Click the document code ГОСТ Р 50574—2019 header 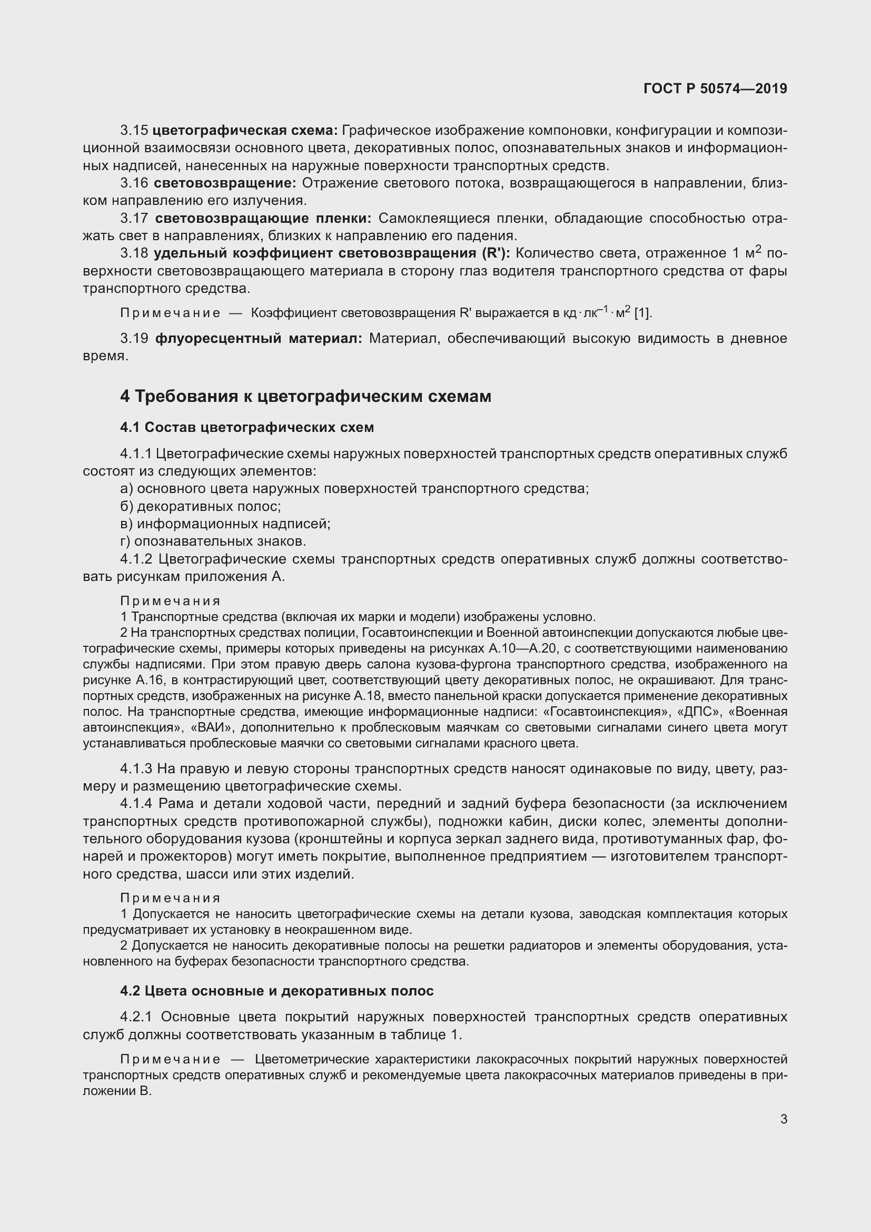[x=715, y=88]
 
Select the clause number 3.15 [x=134, y=131]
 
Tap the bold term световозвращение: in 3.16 [x=225, y=183]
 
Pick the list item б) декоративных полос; [x=201, y=506]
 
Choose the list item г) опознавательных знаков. [x=213, y=541]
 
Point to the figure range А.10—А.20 [x=523, y=649]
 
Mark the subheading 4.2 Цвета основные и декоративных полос [x=277, y=991]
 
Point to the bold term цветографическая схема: [x=245, y=131]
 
